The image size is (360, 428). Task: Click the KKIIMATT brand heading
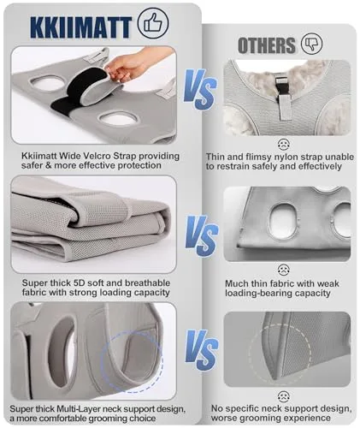[80, 27]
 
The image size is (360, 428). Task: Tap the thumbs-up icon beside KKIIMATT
[153, 23]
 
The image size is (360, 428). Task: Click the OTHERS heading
[266, 45]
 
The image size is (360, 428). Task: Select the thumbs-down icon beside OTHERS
[312, 44]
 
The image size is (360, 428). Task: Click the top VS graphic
[200, 90]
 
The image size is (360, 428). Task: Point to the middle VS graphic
[202, 236]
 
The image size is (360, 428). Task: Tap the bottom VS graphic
[202, 350]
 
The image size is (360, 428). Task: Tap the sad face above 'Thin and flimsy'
[283, 145]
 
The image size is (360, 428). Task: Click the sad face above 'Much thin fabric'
[283, 270]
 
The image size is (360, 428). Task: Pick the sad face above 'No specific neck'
[283, 396]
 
